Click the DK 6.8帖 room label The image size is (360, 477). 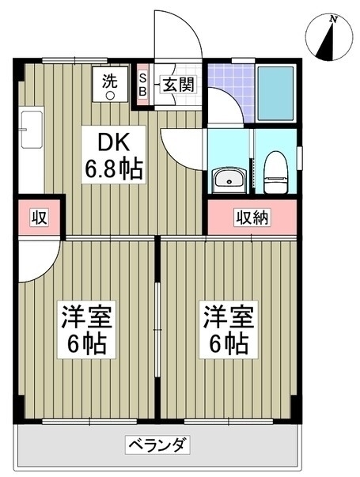click(x=113, y=155)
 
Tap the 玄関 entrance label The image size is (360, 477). click(x=178, y=84)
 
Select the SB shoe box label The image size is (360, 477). click(x=142, y=85)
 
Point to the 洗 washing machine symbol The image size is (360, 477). click(x=110, y=85)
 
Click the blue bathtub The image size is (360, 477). click(x=275, y=93)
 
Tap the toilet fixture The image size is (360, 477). click(x=275, y=172)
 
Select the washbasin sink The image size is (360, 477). click(x=229, y=180)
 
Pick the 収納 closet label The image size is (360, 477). click(x=252, y=218)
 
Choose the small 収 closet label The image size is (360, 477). click(x=39, y=218)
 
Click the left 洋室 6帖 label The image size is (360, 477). click(x=87, y=329)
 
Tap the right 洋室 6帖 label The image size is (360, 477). click(x=229, y=329)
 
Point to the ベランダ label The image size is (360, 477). click(x=157, y=445)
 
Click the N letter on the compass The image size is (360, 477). click(x=334, y=20)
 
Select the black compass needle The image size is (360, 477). click(x=327, y=43)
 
